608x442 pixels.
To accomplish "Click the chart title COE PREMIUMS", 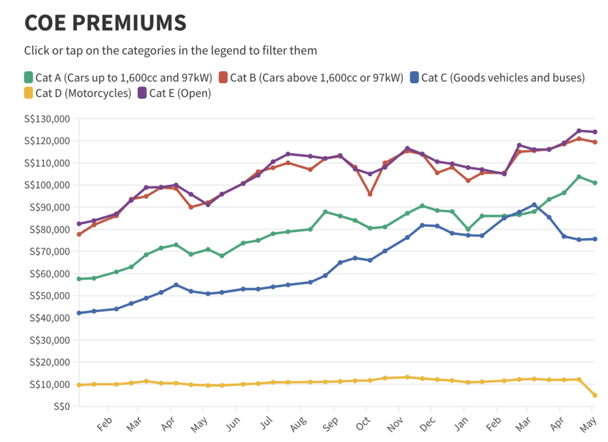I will click(105, 23).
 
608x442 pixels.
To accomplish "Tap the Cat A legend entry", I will click(118, 77).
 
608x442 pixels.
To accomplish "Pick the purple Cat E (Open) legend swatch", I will click(142, 93).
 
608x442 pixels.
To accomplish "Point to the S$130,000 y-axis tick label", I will click(46, 119).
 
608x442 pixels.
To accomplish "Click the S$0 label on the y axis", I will click(59, 406).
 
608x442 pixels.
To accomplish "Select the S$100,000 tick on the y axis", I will click(46, 185).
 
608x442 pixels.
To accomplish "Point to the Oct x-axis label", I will click(362, 423).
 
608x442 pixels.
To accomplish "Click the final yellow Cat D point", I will click(594, 395).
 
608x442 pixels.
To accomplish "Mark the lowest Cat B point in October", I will click(370, 194).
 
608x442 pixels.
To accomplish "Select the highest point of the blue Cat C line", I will click(534, 205).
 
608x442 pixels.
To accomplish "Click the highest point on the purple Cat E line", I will click(578, 131).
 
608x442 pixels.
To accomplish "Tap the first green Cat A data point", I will click(79, 279).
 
